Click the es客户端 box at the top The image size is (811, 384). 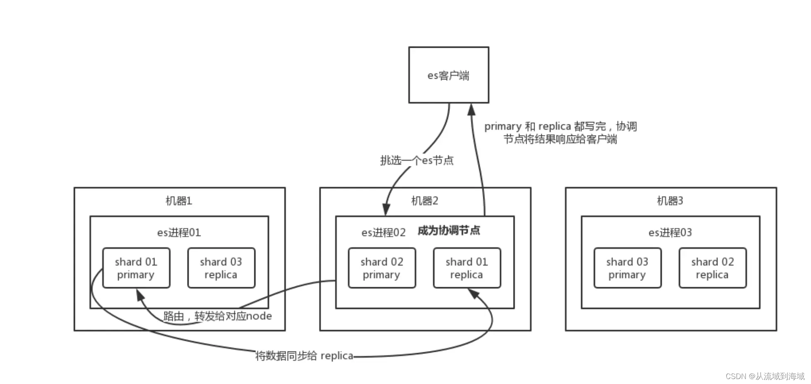[448, 75]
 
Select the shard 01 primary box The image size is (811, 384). [136, 268]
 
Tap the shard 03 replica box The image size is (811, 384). [221, 268]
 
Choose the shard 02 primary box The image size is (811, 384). [382, 268]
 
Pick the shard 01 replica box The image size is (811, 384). [466, 268]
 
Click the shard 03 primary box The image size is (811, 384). [627, 268]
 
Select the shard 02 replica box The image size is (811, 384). [713, 268]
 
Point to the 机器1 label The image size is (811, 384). [179, 201]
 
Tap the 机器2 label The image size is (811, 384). [424, 201]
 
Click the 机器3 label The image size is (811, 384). [670, 201]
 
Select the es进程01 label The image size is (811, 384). [179, 233]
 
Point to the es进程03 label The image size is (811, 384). [670, 233]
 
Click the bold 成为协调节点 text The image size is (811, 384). [449, 230]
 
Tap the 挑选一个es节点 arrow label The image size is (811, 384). [417, 160]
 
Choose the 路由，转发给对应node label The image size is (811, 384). [218, 316]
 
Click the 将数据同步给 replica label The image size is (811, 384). [304, 356]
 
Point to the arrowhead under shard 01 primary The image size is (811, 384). [140, 294]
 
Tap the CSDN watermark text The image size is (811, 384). [765, 376]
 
